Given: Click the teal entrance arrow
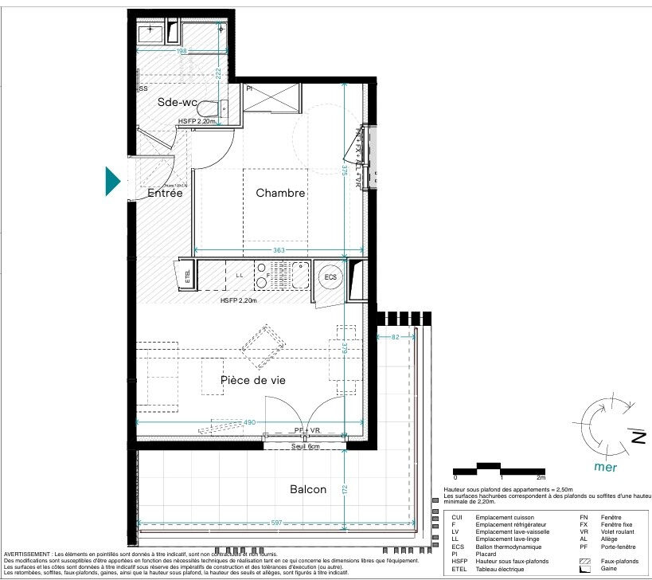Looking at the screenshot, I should tap(113, 181).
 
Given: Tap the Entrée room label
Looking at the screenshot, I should tap(165, 194).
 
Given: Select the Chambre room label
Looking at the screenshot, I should tap(280, 194).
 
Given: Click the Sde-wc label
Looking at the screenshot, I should tap(178, 103).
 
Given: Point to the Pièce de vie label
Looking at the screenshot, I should tap(253, 380).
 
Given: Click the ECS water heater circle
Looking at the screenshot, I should tap(330, 276).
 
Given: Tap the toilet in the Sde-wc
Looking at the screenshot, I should tap(209, 109).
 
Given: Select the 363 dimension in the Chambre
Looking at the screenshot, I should tap(279, 250).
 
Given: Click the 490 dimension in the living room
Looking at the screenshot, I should tap(251, 422).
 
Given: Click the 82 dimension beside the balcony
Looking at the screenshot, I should tap(396, 338).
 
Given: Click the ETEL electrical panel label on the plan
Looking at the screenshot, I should tap(188, 277).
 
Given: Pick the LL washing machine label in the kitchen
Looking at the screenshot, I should tap(239, 276).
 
